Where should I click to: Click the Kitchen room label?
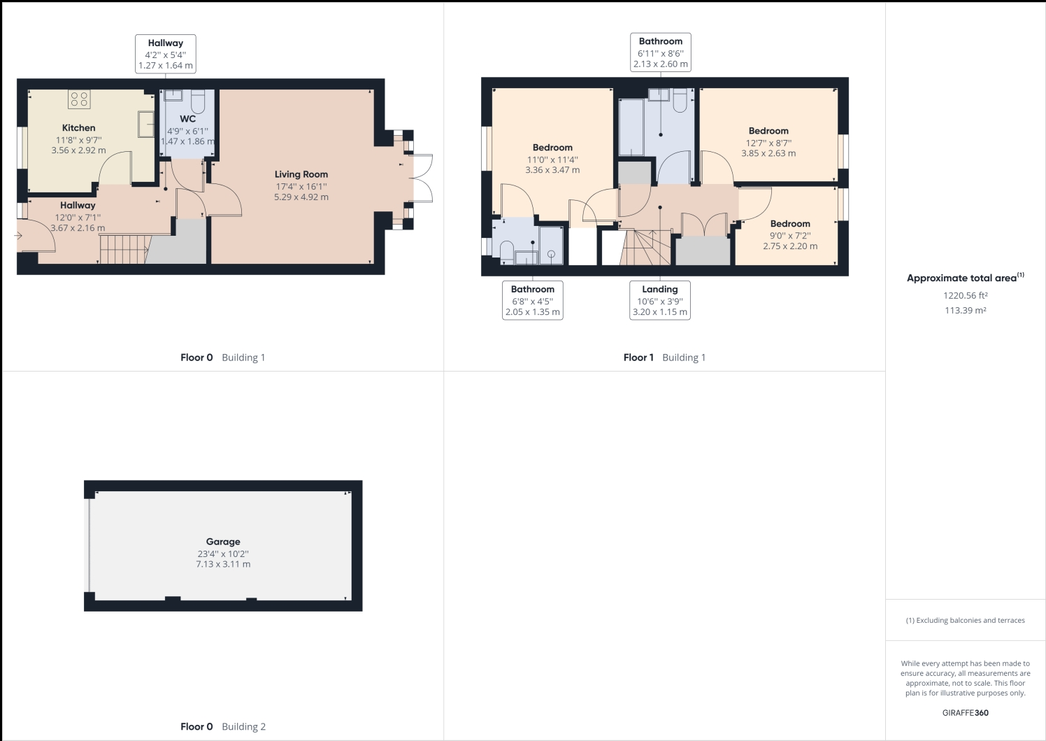tap(78, 127)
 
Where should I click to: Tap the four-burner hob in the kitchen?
tap(79, 99)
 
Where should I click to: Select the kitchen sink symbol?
tap(146, 124)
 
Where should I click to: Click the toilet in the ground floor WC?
tap(198, 102)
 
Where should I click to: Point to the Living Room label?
tap(301, 174)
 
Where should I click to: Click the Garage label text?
tap(223, 542)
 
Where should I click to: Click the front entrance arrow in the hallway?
tap(19, 236)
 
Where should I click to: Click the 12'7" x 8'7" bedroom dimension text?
tap(768, 143)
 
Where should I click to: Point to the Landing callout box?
tap(660, 300)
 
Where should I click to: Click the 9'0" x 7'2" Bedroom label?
tap(790, 223)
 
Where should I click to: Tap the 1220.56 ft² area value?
tap(965, 295)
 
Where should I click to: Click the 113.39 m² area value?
tap(965, 310)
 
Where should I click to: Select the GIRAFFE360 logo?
tap(965, 712)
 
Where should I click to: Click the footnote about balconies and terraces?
tap(965, 621)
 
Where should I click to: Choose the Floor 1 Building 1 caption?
tap(664, 358)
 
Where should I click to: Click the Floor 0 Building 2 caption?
tap(223, 726)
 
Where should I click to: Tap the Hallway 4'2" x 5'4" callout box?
tap(166, 54)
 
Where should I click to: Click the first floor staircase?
tap(645, 248)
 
